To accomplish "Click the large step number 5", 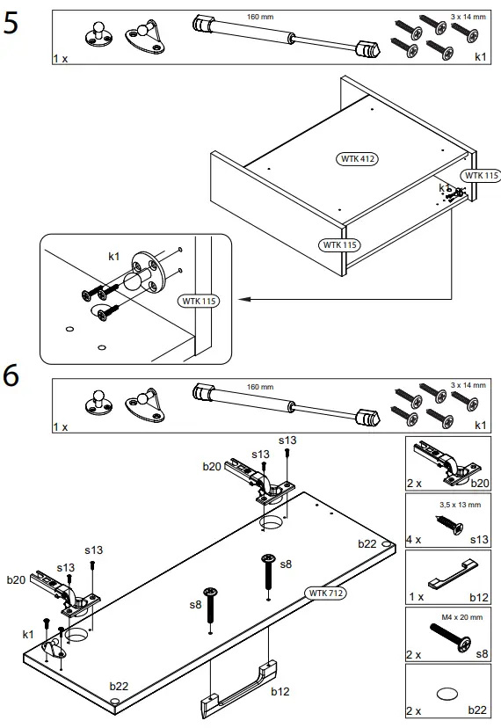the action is click(x=11, y=22).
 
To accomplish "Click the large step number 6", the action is click(x=11, y=375).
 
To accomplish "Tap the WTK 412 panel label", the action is click(x=357, y=159).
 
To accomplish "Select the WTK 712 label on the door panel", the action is click(x=325, y=593).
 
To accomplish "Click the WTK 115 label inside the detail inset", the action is click(x=199, y=301).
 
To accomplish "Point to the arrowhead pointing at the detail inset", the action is click(x=244, y=299).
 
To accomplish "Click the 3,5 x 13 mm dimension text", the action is click(x=461, y=505).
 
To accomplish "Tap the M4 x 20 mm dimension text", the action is click(x=462, y=617).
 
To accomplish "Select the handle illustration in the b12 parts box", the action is click(x=453, y=574).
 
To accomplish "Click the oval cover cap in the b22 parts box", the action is click(x=447, y=694).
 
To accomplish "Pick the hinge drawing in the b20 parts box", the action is click(x=447, y=462).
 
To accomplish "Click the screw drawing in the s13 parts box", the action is click(x=449, y=524).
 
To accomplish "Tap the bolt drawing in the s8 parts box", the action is click(x=449, y=637).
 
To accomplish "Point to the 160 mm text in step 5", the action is click(x=260, y=17).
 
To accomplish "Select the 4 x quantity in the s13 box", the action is click(x=414, y=540).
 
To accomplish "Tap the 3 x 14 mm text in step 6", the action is click(x=468, y=385).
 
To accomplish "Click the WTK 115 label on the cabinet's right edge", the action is click(x=481, y=176).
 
